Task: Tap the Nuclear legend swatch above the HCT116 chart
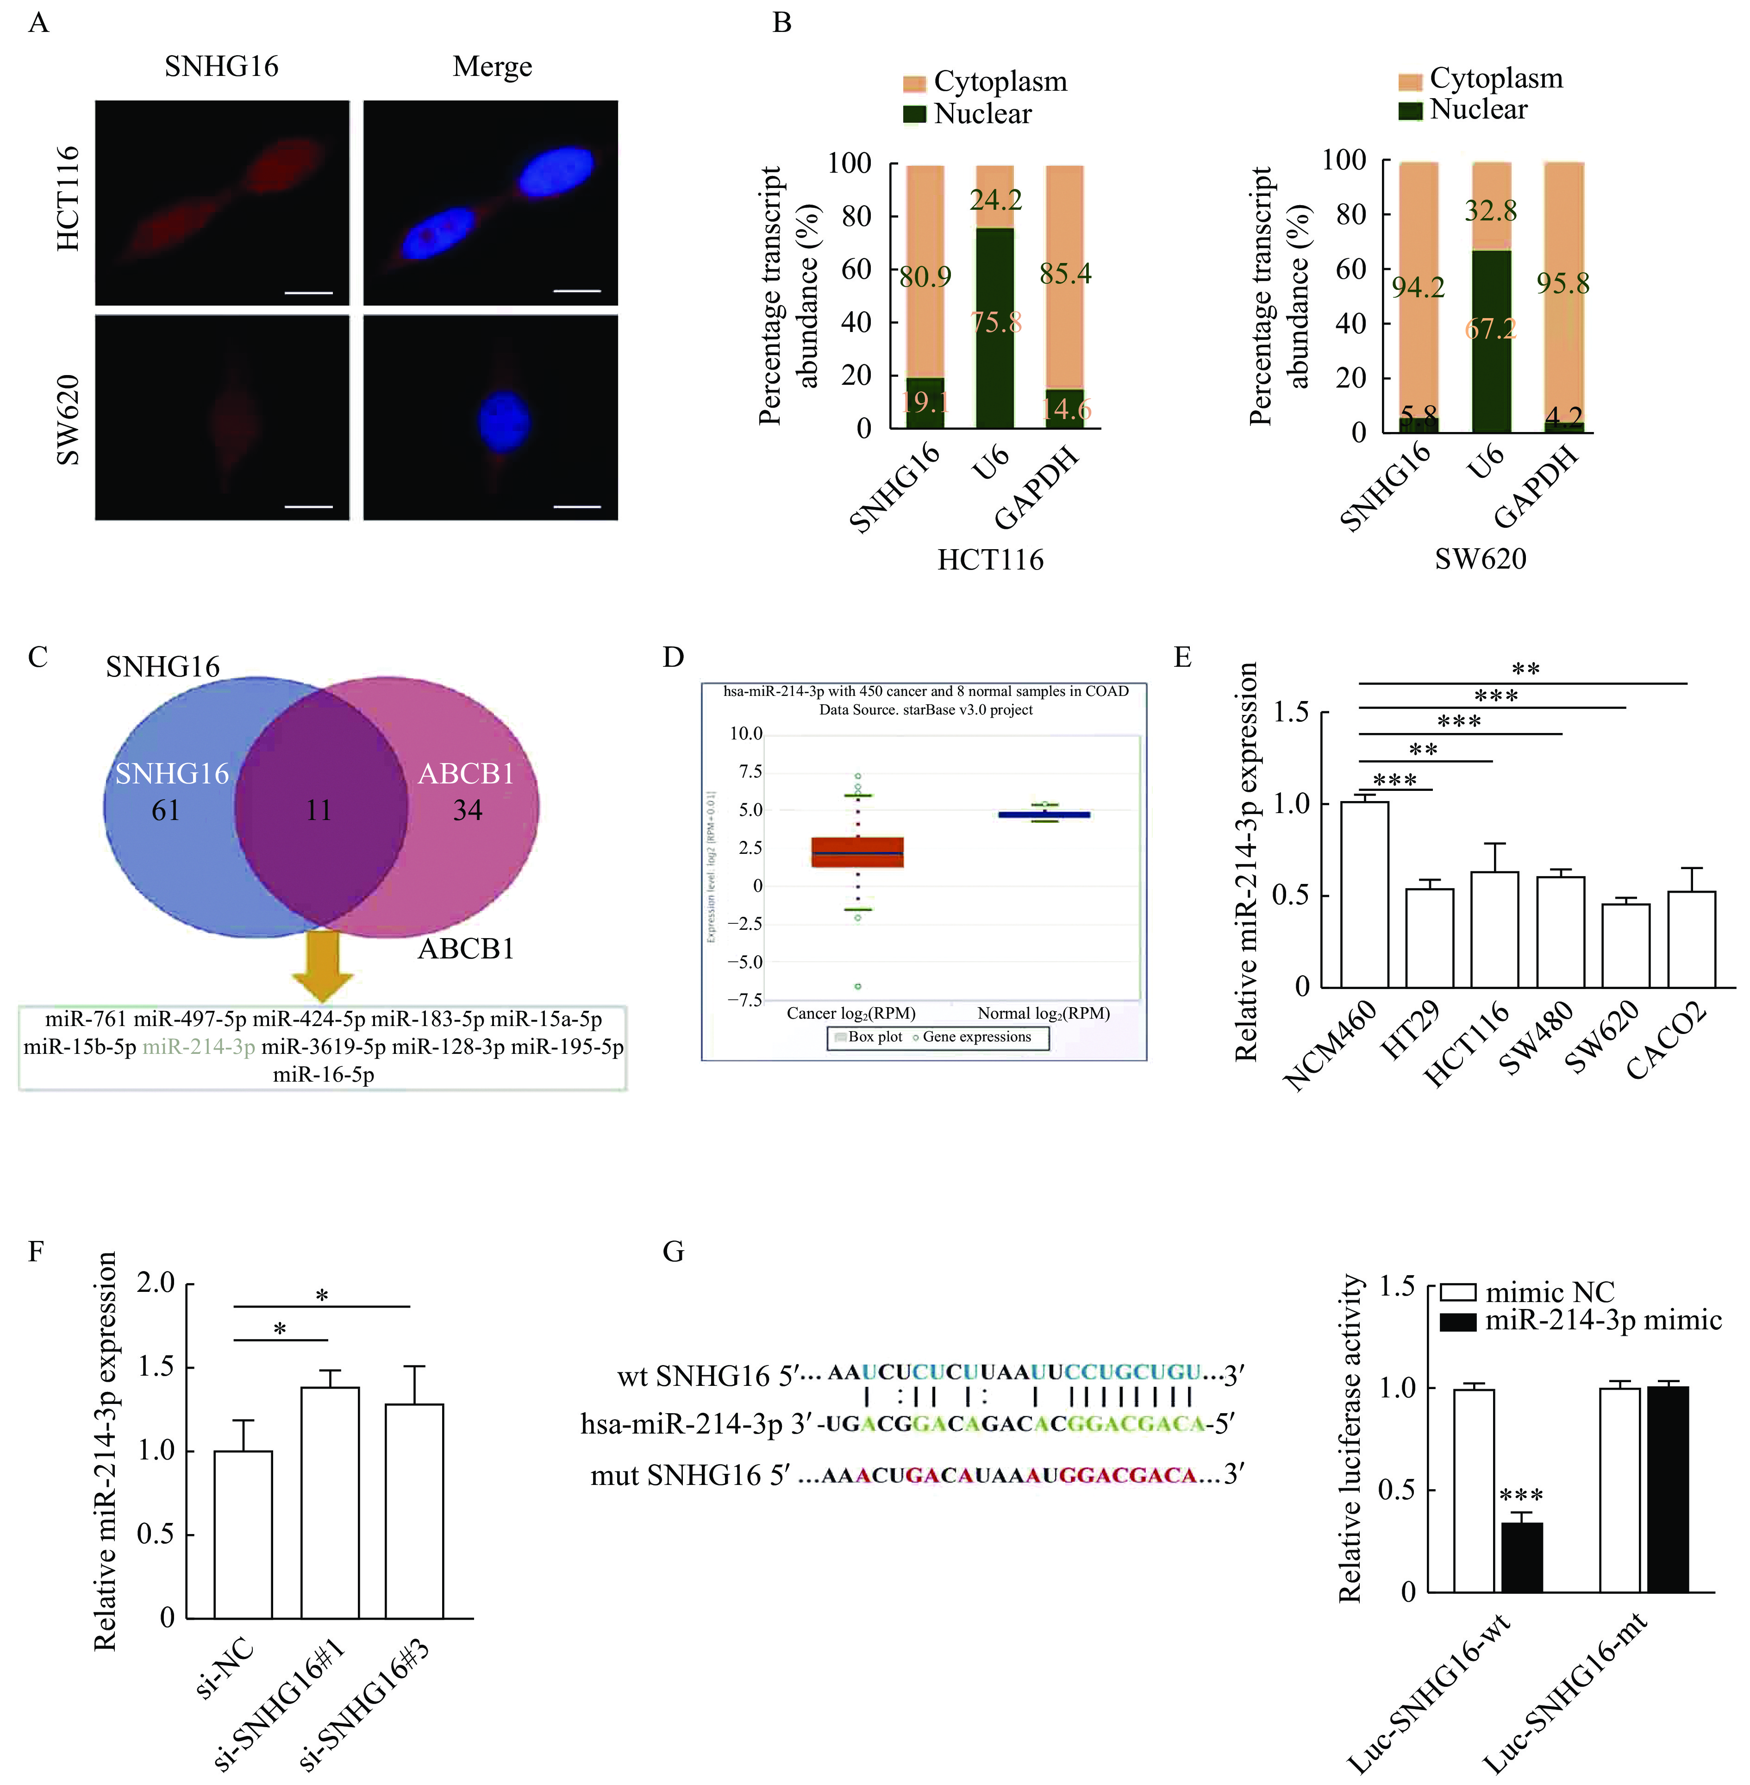[x=914, y=114]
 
